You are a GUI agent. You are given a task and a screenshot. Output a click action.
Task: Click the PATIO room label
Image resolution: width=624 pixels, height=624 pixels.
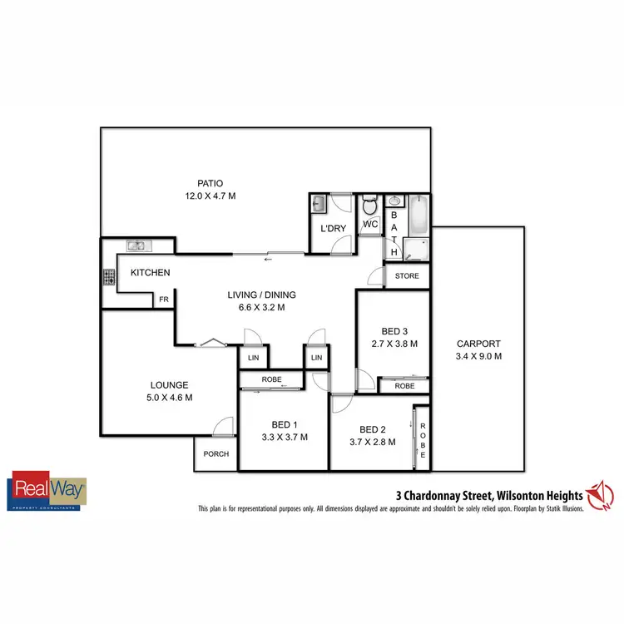[x=210, y=184]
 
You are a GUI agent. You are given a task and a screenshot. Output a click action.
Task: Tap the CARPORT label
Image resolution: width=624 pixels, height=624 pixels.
[x=478, y=344]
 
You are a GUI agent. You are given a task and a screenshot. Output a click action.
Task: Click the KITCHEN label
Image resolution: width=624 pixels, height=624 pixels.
[x=150, y=273]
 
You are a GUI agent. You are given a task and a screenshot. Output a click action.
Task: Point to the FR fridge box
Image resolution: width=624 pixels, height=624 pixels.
[x=164, y=300]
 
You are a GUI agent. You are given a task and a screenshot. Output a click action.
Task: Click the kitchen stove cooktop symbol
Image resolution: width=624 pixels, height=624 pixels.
[x=108, y=276]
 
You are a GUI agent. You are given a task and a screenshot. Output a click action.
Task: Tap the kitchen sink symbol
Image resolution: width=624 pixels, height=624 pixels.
[x=137, y=245]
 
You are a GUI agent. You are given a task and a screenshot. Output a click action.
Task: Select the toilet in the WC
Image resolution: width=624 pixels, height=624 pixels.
[x=371, y=205]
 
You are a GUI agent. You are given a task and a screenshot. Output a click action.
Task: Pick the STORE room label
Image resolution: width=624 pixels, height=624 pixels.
[x=407, y=276]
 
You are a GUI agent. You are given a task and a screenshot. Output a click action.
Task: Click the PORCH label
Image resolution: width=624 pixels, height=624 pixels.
[x=215, y=453]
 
